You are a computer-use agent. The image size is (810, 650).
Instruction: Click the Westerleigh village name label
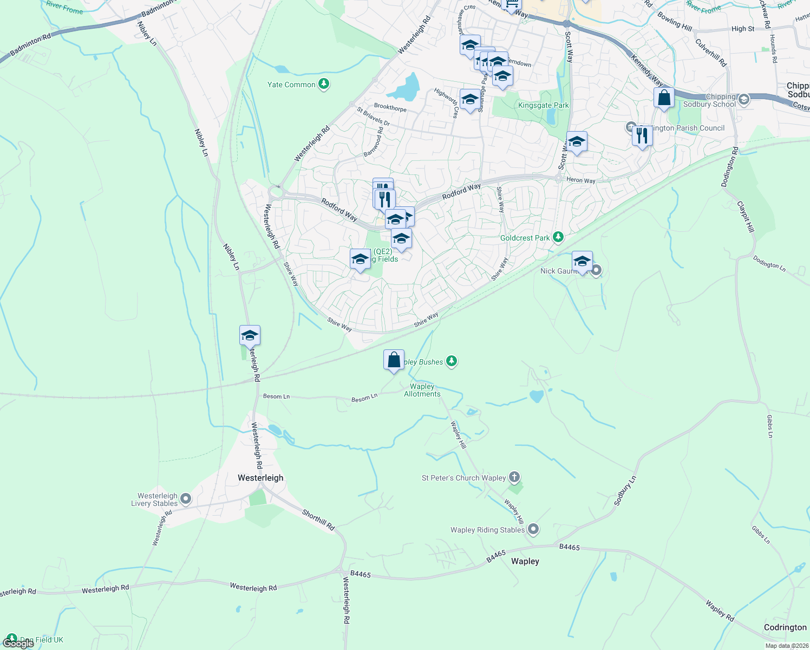(260, 478)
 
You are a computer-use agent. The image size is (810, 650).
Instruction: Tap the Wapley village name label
(525, 561)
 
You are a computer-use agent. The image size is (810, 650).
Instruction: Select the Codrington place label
(785, 627)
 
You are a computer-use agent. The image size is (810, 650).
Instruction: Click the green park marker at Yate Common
(324, 84)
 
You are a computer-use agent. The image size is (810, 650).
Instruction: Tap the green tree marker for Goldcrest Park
(558, 237)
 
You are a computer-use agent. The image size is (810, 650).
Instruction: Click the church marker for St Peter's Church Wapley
(514, 477)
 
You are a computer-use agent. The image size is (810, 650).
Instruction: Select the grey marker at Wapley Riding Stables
(533, 529)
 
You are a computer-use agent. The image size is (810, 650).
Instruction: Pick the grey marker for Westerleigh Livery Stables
(186, 499)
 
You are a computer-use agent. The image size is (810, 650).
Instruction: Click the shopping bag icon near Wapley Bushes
(394, 360)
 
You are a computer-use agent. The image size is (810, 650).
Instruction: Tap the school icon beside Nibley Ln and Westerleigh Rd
(250, 336)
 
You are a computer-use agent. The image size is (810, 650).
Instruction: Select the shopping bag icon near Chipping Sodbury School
(664, 98)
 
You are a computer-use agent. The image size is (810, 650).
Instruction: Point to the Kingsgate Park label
(543, 106)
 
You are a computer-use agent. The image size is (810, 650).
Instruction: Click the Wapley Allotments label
(422, 390)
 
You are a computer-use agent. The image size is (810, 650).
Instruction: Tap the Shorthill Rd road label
(318, 519)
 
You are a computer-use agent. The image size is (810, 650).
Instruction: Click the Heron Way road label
(580, 180)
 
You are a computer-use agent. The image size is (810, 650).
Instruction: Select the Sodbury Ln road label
(625, 491)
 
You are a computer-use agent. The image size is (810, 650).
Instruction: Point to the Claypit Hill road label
(746, 217)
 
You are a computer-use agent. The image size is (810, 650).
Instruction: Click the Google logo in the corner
(18, 643)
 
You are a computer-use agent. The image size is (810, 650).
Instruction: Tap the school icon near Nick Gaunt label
(582, 262)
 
